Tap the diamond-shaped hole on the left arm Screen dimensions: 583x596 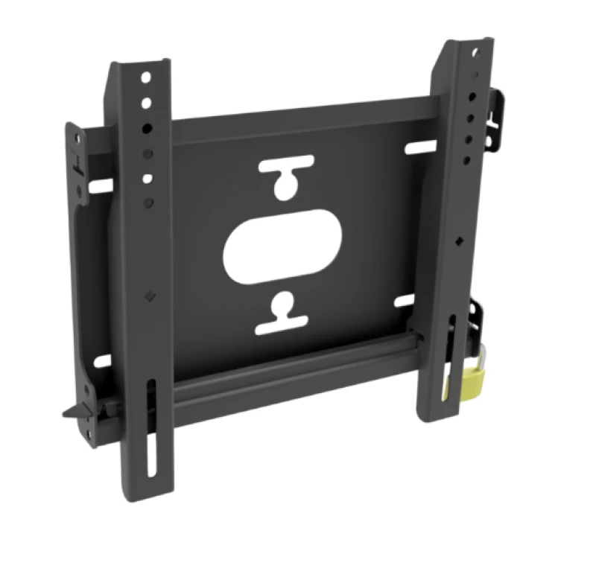150,295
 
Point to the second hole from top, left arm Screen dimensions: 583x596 147,103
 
